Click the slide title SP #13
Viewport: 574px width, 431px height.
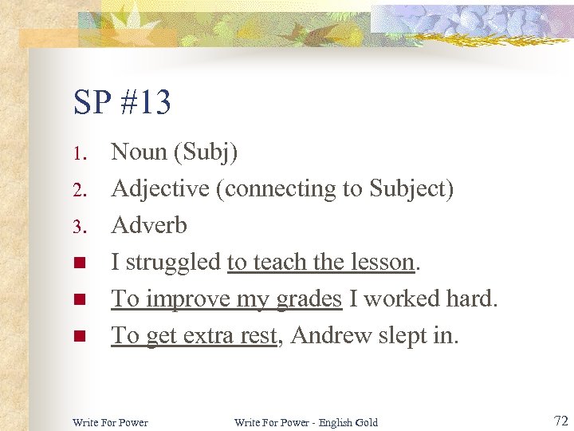tap(122, 103)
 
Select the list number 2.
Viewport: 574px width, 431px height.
tap(77, 190)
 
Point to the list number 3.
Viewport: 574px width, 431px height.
tap(77, 227)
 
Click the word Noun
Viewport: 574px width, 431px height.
tap(139, 152)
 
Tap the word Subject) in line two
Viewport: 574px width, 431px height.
tap(408, 189)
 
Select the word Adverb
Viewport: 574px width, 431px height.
tap(149, 225)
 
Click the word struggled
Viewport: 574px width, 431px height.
tap(173, 263)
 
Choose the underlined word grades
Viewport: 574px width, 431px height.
tap(309, 299)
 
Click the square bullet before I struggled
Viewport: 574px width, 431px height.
tap(78, 263)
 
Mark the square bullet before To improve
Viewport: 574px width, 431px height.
tap(78, 299)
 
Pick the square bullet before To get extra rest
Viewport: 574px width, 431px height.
tap(78, 336)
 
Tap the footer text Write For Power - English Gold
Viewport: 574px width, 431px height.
tap(306, 422)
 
